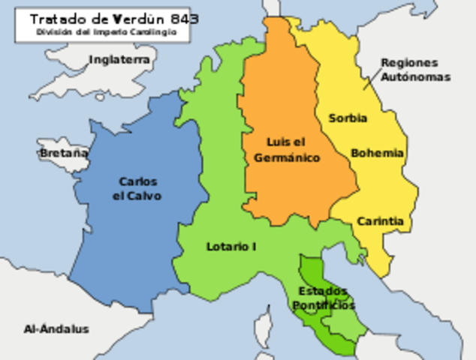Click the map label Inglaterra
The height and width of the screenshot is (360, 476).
(119, 59)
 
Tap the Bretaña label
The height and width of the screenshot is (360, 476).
(63, 154)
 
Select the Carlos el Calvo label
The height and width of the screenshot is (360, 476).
(137, 188)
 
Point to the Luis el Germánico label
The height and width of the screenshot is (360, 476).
(287, 150)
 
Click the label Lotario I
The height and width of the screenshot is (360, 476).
(231, 246)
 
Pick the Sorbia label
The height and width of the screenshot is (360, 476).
(348, 118)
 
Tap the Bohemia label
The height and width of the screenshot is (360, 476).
(377, 153)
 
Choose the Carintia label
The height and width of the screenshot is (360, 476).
(380, 221)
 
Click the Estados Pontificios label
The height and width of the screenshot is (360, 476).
(324, 298)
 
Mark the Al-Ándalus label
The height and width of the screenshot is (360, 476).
(56, 328)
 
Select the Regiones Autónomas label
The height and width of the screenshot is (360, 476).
(414, 70)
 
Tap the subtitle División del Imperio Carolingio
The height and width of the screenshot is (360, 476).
(107, 32)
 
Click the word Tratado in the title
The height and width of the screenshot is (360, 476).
(59, 18)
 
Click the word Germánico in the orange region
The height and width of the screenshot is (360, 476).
(287, 157)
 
